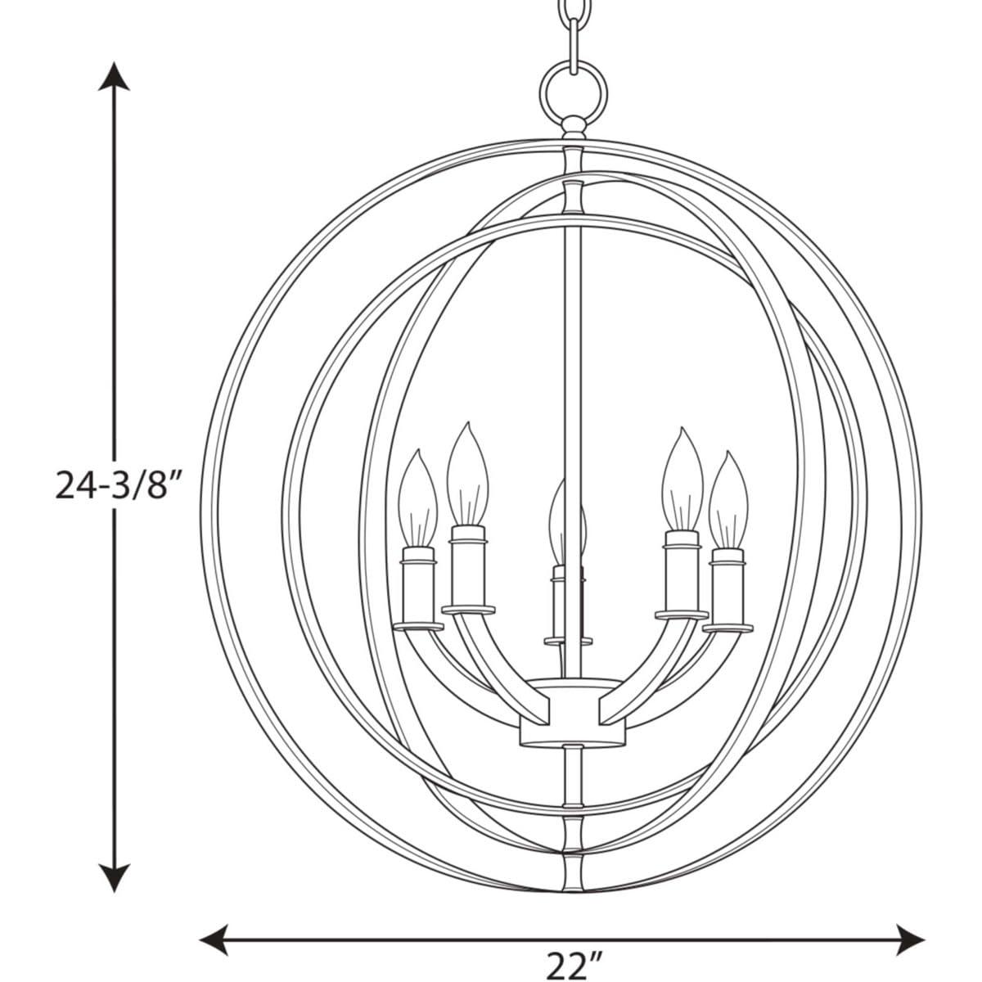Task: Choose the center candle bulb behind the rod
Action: tap(565, 524)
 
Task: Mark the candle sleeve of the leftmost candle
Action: tap(417, 588)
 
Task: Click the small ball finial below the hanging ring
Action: tap(573, 128)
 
